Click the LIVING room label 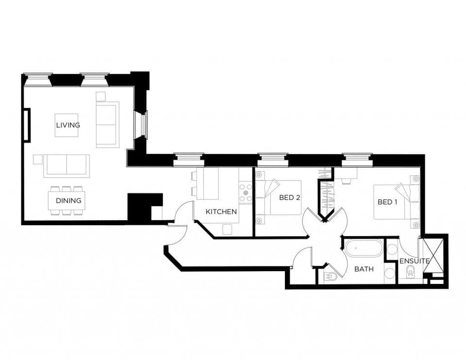tap(67, 125)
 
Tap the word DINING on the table tap(68, 200)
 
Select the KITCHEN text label tap(221, 212)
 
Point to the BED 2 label tap(289, 197)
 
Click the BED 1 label tap(387, 202)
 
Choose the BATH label tap(364, 269)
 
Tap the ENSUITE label tap(414, 261)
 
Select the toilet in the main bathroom tap(331, 277)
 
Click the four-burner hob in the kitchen tap(246, 192)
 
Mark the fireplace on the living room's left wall tap(26, 125)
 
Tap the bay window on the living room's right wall tap(142, 125)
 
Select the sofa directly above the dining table tap(67, 165)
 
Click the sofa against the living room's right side tap(107, 125)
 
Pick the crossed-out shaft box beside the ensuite tap(433, 254)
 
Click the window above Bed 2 tap(272, 157)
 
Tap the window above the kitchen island tap(188, 157)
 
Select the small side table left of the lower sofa tap(37, 159)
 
